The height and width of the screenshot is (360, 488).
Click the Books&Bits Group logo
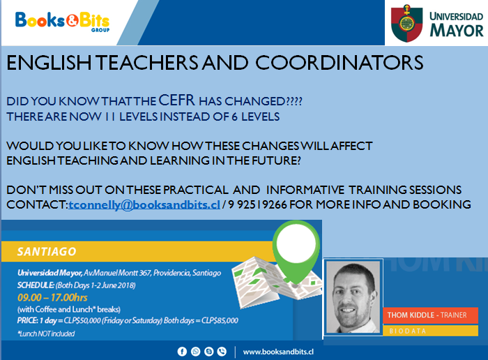[x=62, y=22]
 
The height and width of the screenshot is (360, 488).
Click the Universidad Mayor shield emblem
[x=406, y=23]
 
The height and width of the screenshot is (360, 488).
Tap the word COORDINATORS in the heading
[x=340, y=63]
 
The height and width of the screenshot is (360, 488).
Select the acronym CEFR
[x=176, y=100]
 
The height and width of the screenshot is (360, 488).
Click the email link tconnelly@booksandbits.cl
[x=144, y=205]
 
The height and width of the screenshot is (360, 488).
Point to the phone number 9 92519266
[x=257, y=204]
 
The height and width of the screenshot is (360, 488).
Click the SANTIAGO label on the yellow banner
[x=47, y=252]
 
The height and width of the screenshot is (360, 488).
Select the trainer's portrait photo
[x=353, y=297]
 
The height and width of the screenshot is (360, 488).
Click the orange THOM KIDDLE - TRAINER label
[x=430, y=315]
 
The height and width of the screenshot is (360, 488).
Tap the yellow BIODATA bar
[x=430, y=331]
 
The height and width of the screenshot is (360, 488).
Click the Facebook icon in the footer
[x=182, y=352]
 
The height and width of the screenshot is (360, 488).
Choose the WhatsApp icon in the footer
[x=195, y=352]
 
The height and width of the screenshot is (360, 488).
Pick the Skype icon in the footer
[x=209, y=352]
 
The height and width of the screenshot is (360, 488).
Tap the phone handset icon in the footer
[x=222, y=352]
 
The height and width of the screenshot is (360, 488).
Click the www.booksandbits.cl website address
[x=278, y=352]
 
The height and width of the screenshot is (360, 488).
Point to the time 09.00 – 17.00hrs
[x=52, y=298]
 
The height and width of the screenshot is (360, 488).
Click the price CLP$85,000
[x=220, y=320]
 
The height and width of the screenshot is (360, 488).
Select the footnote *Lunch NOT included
[x=46, y=334]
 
